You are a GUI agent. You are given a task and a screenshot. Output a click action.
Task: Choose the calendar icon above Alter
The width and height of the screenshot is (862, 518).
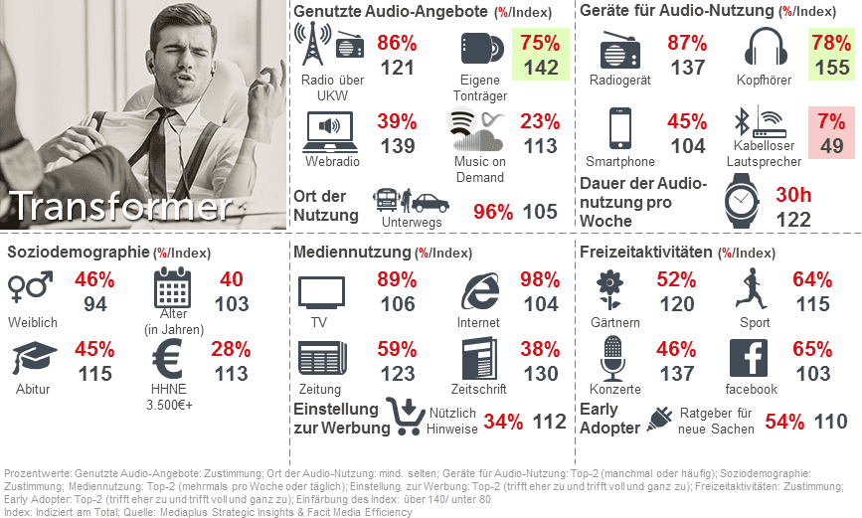174,288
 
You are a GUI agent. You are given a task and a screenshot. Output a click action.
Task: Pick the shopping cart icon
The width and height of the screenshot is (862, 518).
406,418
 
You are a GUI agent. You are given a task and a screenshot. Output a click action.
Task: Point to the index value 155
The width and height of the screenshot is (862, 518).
831,69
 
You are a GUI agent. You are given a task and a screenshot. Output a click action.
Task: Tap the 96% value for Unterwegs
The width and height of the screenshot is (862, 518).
492,211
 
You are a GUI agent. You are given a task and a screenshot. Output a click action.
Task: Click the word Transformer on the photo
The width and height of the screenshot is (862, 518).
120,207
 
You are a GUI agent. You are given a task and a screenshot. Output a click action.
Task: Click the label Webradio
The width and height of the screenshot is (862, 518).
332,162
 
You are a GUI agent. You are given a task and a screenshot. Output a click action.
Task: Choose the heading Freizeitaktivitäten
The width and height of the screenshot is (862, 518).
646,253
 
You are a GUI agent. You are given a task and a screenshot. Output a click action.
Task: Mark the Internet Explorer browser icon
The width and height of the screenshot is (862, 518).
481,292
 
